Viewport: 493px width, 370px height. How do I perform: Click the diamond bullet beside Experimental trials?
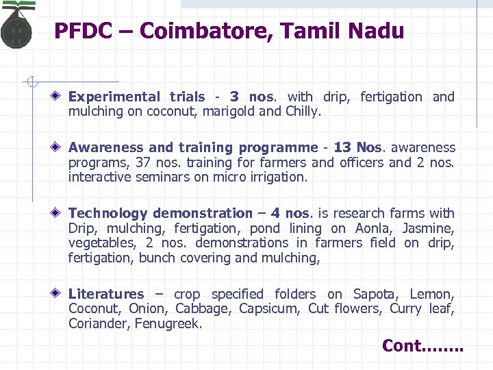tap(60, 97)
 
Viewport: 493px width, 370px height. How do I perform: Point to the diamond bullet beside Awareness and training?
tap(60, 147)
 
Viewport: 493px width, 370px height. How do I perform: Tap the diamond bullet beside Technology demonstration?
tap(60, 213)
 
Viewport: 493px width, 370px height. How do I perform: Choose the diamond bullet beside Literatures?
tap(60, 294)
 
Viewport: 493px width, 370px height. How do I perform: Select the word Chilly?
tap(302, 111)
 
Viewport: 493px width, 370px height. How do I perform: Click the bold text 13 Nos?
tap(352, 147)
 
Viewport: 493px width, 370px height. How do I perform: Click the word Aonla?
tap(373, 228)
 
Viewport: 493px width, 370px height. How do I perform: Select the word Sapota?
tap(374, 294)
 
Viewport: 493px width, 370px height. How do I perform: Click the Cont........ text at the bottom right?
tap(422, 346)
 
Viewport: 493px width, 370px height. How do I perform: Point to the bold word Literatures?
tap(106, 294)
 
